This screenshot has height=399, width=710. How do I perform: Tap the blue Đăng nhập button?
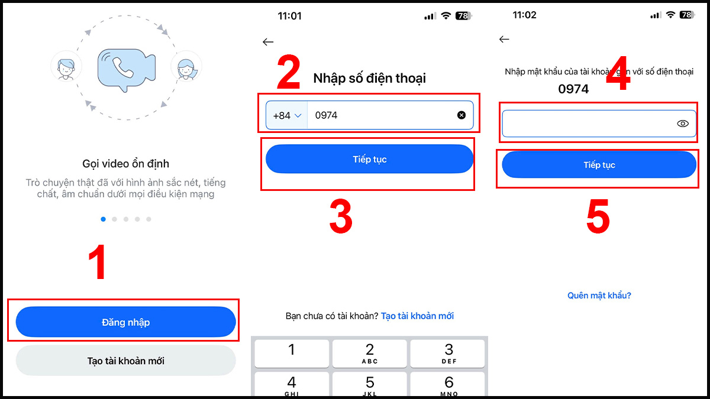click(126, 322)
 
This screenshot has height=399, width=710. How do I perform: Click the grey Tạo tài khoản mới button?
click(126, 361)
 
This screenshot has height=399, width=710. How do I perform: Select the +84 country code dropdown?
click(287, 115)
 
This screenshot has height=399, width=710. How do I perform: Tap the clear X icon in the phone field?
click(461, 115)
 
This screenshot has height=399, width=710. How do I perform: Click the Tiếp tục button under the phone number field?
click(370, 159)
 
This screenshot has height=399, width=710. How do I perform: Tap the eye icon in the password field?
click(683, 124)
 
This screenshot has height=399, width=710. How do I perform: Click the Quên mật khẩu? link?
click(599, 296)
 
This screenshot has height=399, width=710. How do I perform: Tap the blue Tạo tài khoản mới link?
click(417, 316)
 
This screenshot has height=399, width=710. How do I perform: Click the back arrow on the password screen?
click(504, 39)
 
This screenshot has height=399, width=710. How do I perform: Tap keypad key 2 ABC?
click(370, 353)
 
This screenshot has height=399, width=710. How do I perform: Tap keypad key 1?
click(292, 353)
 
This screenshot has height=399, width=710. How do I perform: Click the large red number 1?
click(98, 262)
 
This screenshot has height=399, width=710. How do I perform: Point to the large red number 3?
click(341, 216)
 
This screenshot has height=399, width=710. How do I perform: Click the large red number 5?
click(598, 216)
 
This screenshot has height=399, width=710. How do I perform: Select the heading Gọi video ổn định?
click(126, 164)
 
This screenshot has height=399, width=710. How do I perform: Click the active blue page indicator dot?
click(103, 219)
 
